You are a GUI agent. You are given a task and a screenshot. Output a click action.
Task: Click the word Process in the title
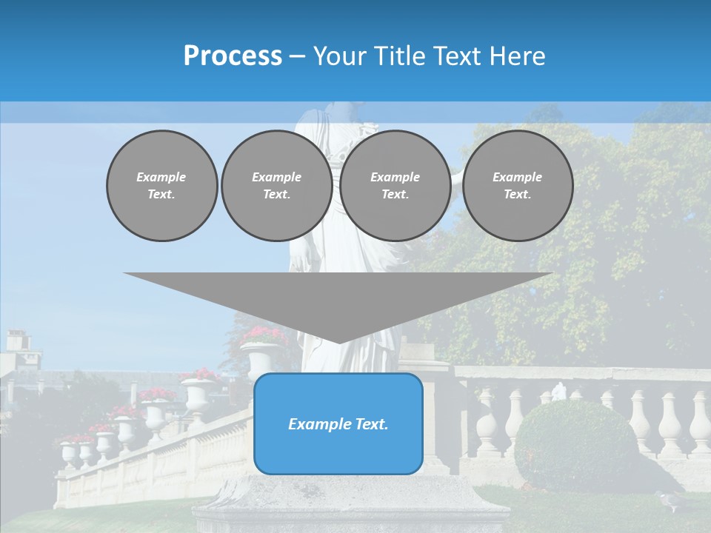click(x=233, y=56)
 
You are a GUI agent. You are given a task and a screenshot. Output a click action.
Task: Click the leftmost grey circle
click(x=161, y=186)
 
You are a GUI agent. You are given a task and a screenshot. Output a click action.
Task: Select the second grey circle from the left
click(x=276, y=186)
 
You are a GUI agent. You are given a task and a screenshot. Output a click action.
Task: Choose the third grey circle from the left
click(x=395, y=186)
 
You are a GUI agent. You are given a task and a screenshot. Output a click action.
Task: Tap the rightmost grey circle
click(x=517, y=186)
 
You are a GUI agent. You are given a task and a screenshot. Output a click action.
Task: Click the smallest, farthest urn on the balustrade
click(x=68, y=452)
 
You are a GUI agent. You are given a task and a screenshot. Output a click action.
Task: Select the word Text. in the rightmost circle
click(x=517, y=195)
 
